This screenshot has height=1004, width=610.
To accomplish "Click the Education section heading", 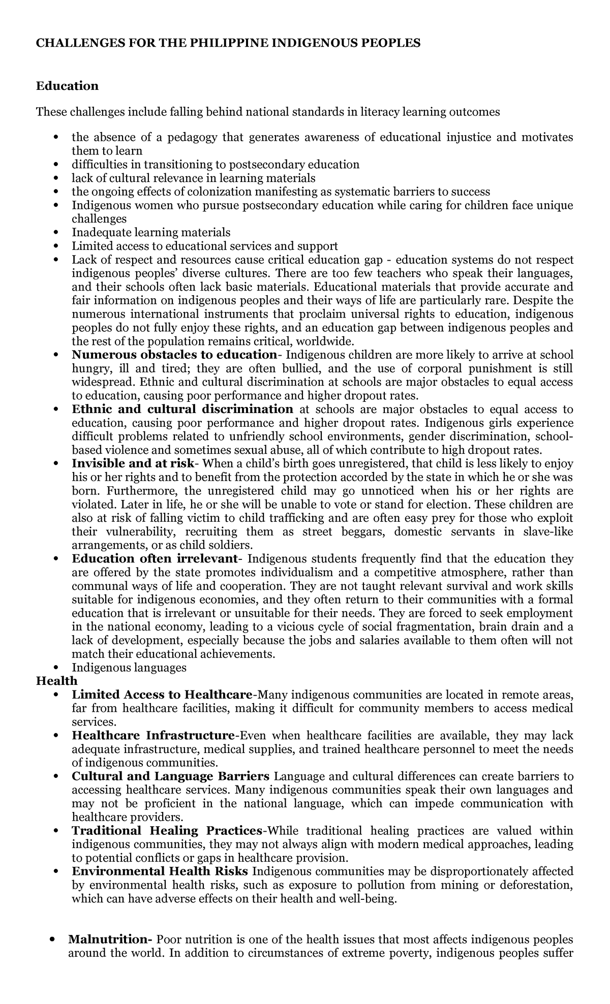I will tap(67, 86).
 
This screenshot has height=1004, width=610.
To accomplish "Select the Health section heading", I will tap(56, 681).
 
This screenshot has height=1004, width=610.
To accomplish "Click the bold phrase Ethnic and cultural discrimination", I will tap(182, 410).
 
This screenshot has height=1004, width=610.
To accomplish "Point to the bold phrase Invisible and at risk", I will tap(133, 464).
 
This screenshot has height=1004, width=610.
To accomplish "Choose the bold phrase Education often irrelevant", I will tap(155, 559).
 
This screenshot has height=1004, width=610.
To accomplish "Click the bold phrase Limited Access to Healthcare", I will tap(162, 695).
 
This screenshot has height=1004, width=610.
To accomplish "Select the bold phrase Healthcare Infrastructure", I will tap(152, 736).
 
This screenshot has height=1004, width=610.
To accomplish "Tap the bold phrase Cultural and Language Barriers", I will tap(170, 776).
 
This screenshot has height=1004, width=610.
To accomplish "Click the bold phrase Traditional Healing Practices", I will tap(167, 831).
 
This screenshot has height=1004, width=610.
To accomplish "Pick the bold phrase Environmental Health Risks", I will tap(160, 872).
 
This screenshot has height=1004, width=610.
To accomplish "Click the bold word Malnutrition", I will tap(110, 939).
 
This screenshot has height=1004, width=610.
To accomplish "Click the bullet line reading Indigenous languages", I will tap(129, 667).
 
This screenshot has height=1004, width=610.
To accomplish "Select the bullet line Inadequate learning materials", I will tap(151, 233).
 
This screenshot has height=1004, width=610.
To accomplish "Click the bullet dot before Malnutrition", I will tap(53, 939).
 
